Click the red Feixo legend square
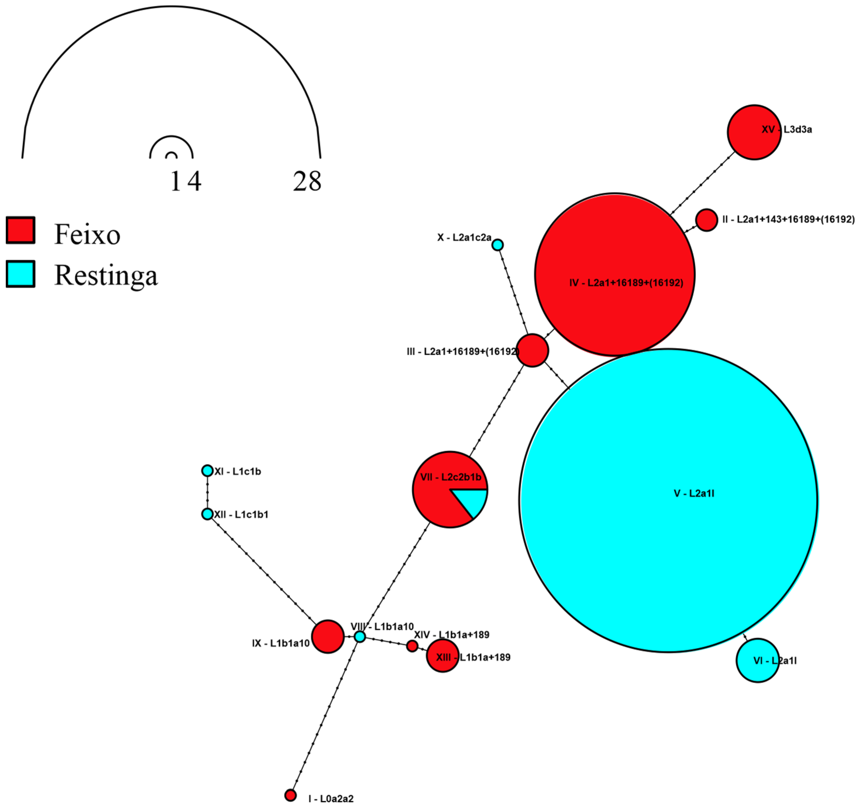tap(20, 230)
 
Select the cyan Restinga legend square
tap(20, 274)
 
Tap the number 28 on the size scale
tap(307, 181)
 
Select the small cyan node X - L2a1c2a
tap(498, 245)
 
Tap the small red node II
tap(706, 220)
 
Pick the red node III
tap(533, 351)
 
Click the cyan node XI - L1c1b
tap(207, 471)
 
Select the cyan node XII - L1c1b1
tap(207, 514)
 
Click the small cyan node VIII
tap(360, 636)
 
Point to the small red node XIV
tap(412, 646)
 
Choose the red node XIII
tap(442, 656)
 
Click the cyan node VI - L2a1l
tap(757, 660)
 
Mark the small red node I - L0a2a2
tap(291, 795)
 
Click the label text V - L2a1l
tap(694, 493)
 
